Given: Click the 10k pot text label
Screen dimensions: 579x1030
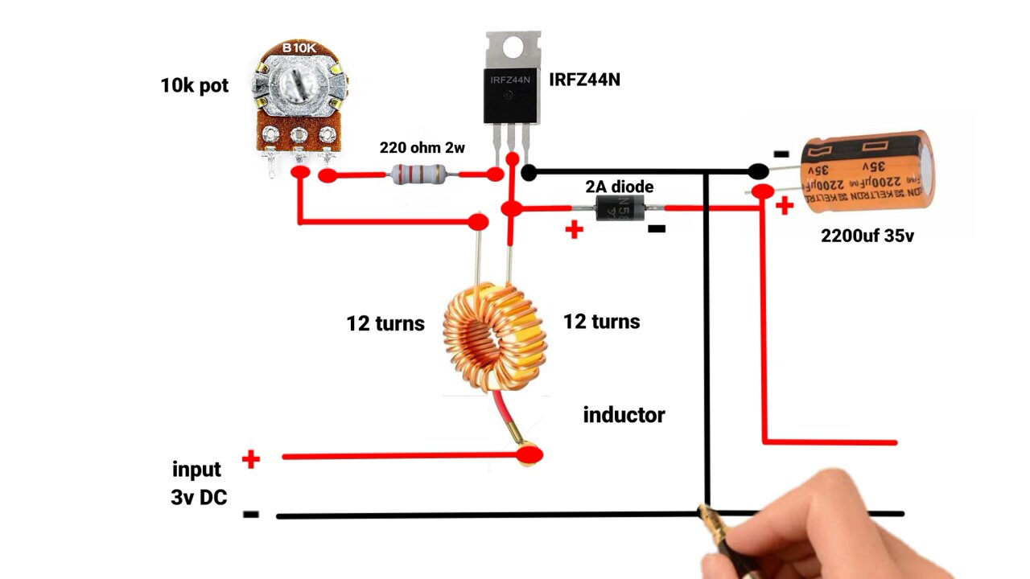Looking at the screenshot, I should point(194,85).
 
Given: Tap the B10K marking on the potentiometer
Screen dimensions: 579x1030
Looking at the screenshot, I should point(299,49).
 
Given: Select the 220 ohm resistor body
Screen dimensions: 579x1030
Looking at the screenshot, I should point(418,174).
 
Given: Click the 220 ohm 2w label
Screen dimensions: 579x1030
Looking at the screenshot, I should point(422,148).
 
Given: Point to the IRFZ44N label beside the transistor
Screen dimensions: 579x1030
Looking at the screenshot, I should point(584,80).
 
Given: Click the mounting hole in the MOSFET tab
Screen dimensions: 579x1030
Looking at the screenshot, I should point(512,47).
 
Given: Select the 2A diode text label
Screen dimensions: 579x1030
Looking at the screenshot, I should point(619,187).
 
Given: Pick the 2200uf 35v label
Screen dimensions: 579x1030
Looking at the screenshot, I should point(867,236).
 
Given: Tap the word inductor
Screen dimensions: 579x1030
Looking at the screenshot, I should point(624,415).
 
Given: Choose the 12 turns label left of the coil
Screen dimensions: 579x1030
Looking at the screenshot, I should point(385,323).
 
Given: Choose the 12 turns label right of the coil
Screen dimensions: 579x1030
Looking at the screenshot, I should point(601,322).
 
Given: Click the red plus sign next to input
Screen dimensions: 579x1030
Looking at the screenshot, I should point(251,460).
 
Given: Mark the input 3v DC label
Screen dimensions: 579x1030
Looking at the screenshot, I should point(198,483).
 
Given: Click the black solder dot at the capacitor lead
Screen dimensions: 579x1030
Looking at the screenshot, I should point(758,170).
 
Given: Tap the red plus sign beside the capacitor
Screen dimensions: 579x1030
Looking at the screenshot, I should point(784,206).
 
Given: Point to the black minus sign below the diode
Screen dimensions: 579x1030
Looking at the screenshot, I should point(657,229).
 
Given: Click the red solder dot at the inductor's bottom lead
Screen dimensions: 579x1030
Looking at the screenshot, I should point(529,456).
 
